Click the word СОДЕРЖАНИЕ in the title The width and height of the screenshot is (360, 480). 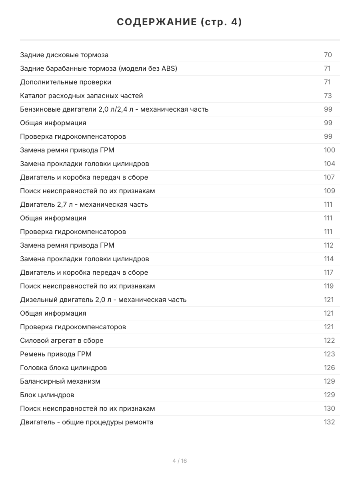point(156,22)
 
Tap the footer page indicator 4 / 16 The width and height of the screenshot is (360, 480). point(180,461)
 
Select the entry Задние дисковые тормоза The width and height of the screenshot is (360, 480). point(64,55)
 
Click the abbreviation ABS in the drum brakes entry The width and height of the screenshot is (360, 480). point(168,68)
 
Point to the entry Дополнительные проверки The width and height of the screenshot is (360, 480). point(66,82)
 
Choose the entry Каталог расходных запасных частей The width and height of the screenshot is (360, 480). point(81,96)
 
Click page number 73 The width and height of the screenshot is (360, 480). point(328,96)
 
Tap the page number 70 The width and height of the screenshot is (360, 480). point(328,55)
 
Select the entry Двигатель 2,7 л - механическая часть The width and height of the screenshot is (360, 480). point(84,204)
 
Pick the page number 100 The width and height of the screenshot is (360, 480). point(329,150)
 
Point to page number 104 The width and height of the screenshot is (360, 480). point(329,164)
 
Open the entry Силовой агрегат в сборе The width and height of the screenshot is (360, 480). point(62,340)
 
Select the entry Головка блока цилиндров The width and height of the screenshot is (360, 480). point(63,368)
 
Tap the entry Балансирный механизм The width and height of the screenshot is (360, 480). point(60,381)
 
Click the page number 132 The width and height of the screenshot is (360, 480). point(329,422)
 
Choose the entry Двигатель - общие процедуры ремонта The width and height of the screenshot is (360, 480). point(86,422)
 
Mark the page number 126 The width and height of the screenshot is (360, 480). point(329,368)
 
